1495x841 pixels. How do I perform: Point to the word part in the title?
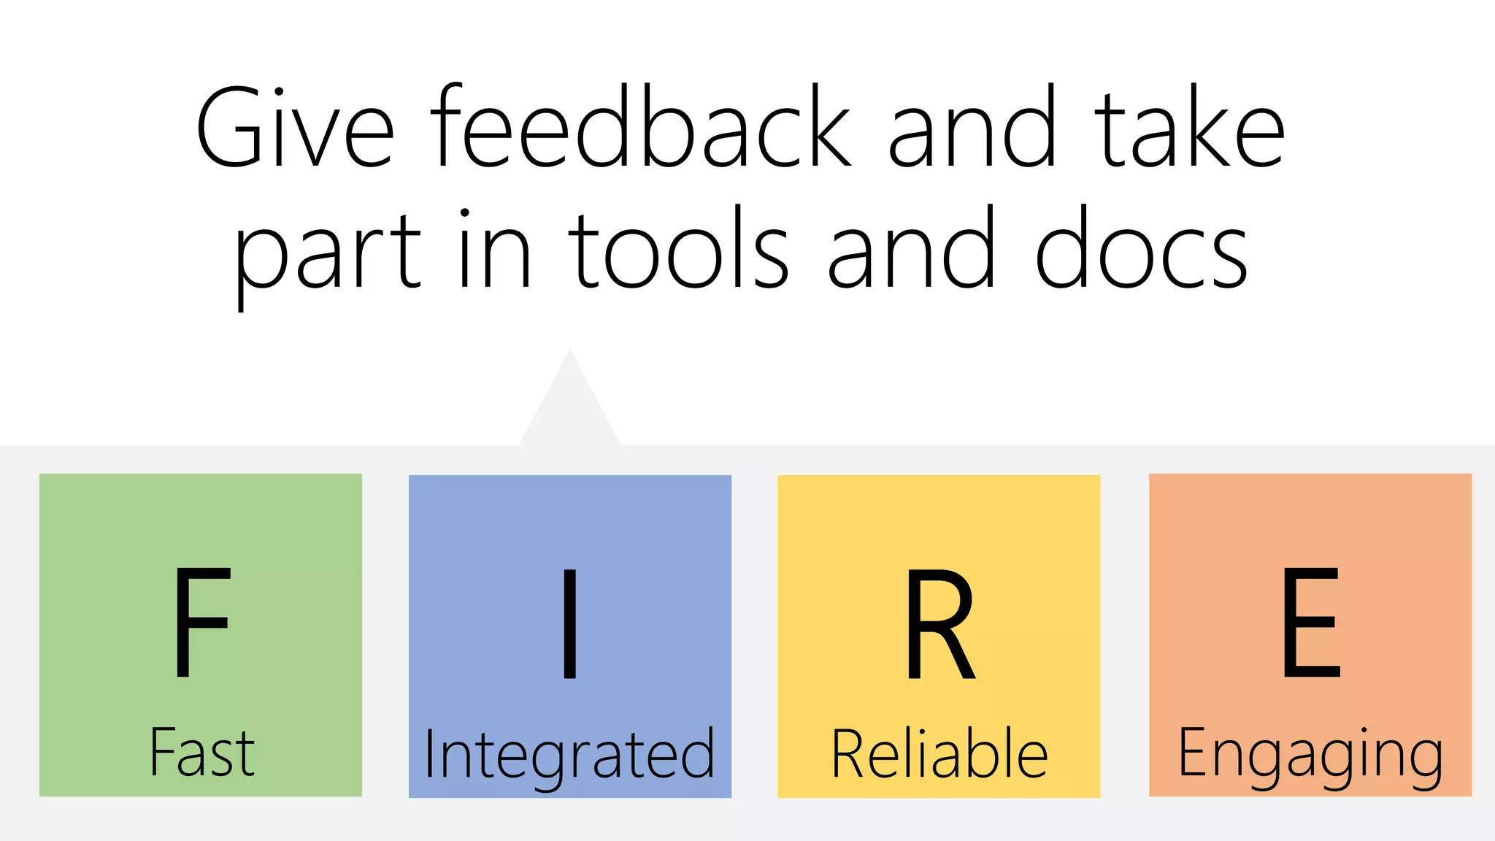pos(327,252)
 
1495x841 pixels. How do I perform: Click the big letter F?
pos(201,623)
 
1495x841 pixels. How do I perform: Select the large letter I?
pos(570,623)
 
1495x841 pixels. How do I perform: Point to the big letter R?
pos(939,623)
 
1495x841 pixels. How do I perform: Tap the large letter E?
pos(1311,623)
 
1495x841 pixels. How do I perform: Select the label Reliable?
pos(939,753)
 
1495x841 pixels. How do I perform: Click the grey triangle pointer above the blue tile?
pos(570,409)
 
